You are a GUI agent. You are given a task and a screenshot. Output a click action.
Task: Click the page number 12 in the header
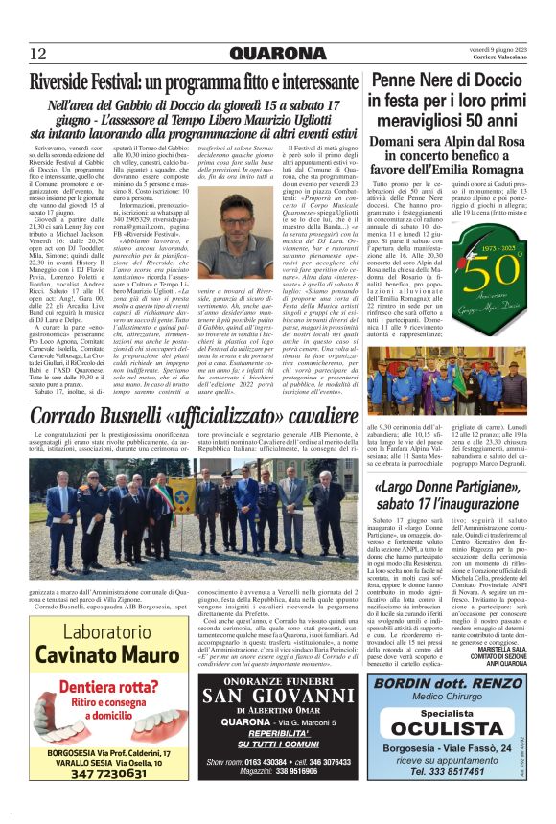[x=37, y=54]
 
